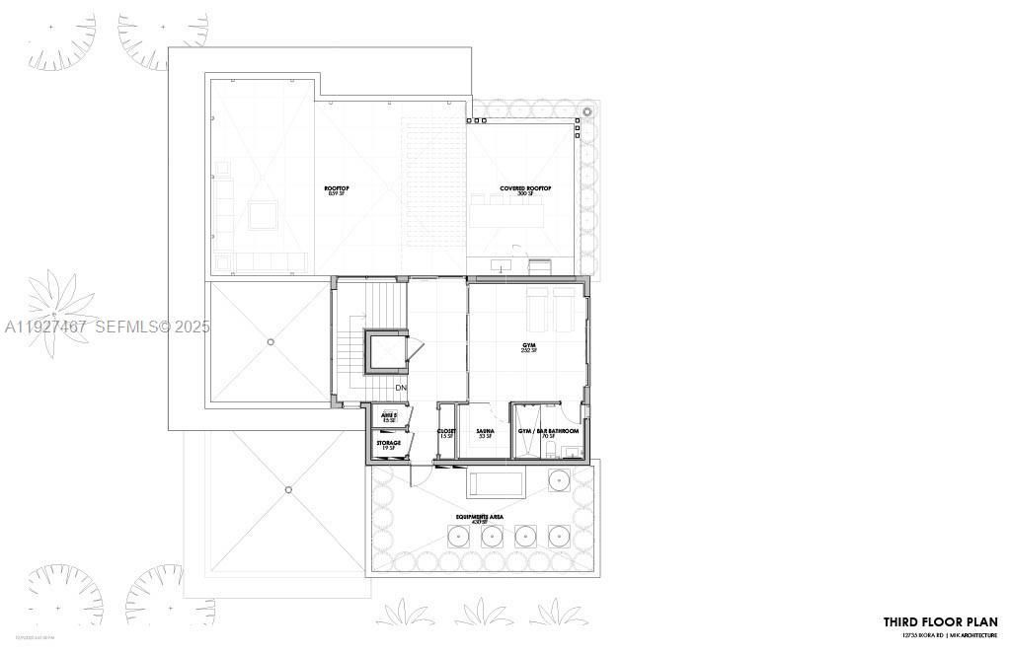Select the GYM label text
tap(529, 346)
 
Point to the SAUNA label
tap(485, 431)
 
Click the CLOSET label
tap(446, 431)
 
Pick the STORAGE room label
tap(388, 444)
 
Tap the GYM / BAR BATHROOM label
tap(549, 431)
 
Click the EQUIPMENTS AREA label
tap(481, 517)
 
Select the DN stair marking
tap(401, 389)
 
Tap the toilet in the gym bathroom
tap(571, 453)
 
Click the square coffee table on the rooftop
tap(263, 214)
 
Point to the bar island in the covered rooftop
tap(506, 212)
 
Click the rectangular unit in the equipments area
tap(496, 483)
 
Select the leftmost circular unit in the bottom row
tap(459, 538)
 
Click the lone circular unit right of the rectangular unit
tap(560, 480)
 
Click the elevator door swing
tap(416, 347)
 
